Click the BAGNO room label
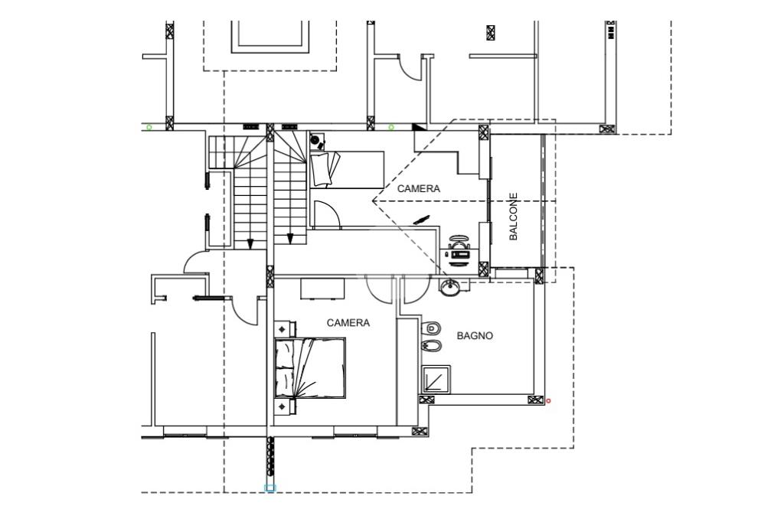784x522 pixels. coord(475,336)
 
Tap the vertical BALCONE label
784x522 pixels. coord(514,217)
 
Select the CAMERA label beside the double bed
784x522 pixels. coord(348,323)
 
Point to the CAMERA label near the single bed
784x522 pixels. coord(419,188)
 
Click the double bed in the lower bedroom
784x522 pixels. coord(310,368)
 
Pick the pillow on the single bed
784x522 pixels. coord(324,169)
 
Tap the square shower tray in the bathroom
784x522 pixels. coord(436,380)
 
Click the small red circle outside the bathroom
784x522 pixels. coord(548,400)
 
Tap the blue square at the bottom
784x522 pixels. coord(270,488)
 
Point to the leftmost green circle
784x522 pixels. coord(149,128)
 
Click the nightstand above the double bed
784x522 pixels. coord(285,329)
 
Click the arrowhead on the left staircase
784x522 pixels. coord(250,243)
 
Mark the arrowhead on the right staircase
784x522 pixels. coord(289,239)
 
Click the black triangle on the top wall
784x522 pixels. coord(419,127)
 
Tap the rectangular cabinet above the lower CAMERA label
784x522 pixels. coord(322,289)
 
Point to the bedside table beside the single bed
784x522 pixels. coord(318,142)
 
